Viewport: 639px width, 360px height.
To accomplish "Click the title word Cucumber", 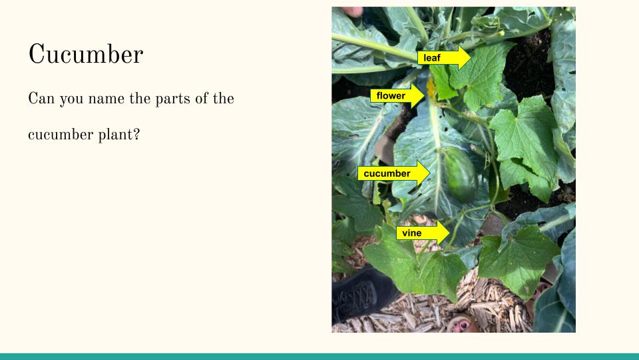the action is [x=86, y=54].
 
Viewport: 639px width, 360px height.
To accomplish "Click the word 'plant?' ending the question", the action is [x=119, y=135].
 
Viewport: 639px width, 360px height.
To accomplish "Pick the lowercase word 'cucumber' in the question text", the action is [x=61, y=134].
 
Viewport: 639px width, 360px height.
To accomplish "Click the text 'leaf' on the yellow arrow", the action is [x=431, y=58].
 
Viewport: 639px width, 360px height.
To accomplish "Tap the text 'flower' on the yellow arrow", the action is [x=391, y=96].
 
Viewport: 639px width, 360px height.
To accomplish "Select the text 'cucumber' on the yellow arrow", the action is [x=387, y=173].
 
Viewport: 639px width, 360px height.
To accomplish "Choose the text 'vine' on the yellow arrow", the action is [x=411, y=233].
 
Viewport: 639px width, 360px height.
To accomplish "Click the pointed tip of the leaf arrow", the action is [x=471, y=57].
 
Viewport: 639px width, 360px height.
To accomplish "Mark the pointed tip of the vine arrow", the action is [x=449, y=233].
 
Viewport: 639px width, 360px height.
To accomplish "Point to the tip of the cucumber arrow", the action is [x=430, y=173].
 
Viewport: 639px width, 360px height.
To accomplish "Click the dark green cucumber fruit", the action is [x=460, y=174].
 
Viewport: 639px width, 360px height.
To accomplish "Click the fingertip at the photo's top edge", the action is [x=352, y=11].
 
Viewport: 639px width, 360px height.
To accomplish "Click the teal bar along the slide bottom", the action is [x=319, y=356].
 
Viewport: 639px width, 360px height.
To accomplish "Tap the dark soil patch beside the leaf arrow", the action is [x=528, y=65].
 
